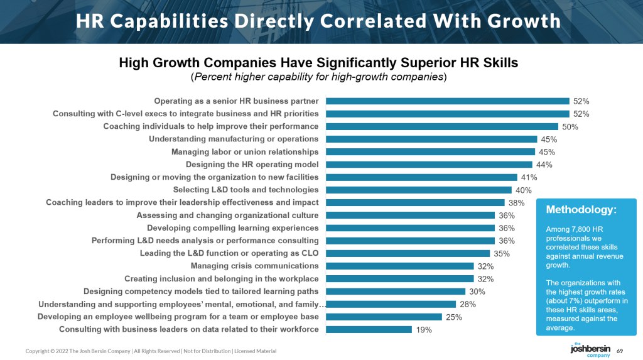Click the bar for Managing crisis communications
tap(400, 266)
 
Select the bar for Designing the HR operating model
tap(429, 165)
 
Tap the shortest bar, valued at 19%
tap(369, 329)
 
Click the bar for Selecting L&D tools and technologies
tap(419, 190)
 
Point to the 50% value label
tap(570, 127)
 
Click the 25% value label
tap(454, 317)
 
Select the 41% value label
tap(529, 178)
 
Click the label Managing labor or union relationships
tap(245, 152)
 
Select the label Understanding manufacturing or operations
tap(234, 139)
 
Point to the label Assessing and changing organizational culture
tap(227, 215)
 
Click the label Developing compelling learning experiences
tap(232, 228)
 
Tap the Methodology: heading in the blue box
tap(581, 210)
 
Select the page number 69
tap(619, 350)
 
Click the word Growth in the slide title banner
tap(522, 21)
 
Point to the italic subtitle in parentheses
tap(318, 77)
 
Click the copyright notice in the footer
tap(151, 351)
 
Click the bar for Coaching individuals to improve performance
tap(442, 126)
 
